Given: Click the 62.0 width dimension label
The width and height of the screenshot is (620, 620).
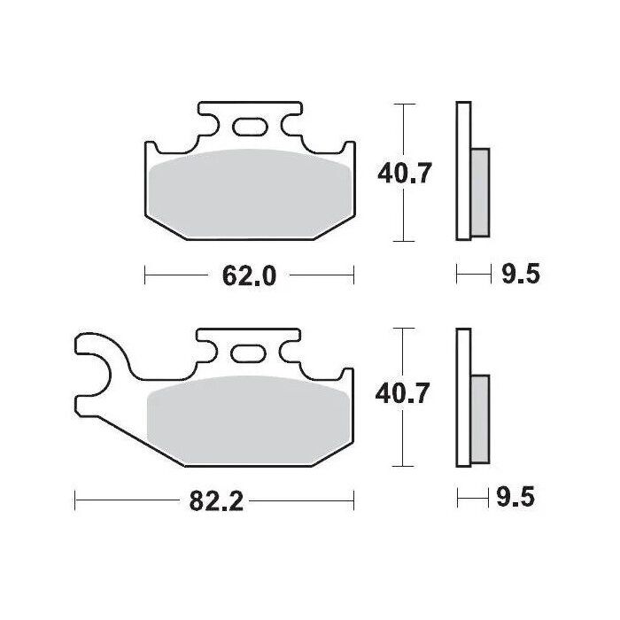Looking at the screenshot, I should point(250,276).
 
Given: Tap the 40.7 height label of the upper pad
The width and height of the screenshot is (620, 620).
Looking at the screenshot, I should point(405,174).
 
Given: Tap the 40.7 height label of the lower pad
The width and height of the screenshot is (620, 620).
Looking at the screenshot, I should point(405,393).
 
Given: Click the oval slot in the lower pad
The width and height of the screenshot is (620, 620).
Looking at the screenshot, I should point(247,354).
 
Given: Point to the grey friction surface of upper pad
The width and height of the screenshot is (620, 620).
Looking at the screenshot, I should point(248,190).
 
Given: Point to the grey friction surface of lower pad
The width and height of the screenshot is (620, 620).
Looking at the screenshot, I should point(248,416).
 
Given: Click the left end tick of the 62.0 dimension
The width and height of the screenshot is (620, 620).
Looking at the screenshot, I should point(145,276).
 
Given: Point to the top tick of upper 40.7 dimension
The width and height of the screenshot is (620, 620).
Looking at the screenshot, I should point(405,105).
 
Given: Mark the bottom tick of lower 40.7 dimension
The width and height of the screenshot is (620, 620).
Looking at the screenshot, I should point(405,466).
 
